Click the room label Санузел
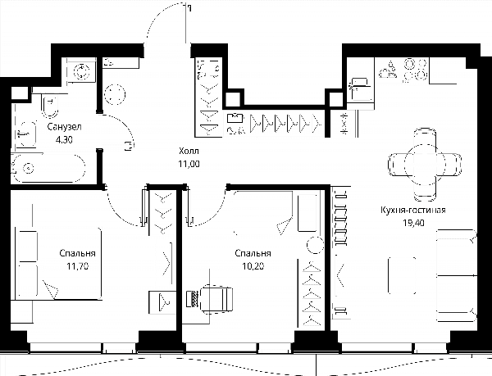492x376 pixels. pos(64,127)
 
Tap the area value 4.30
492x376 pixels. pos(64,140)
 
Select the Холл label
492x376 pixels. pos(189,151)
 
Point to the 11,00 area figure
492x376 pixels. pos(189,164)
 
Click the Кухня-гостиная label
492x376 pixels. pos(413,210)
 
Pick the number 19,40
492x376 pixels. pos(413,223)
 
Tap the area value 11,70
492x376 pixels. pos(78,266)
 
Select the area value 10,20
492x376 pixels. pos(253,266)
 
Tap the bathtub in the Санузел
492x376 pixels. pos(48,168)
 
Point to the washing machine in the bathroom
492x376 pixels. pos(81,70)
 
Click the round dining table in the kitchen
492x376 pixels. pos(425,164)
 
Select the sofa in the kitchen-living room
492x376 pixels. pos(456,275)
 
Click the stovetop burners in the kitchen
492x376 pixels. pos(416,70)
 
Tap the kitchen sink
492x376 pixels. pos(361,88)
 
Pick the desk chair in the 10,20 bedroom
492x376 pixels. pos(215,299)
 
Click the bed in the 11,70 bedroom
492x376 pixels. pos(59,264)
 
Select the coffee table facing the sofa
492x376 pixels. pos(403,275)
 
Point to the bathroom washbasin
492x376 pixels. pos(26,134)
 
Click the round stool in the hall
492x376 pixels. pos(115,94)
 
